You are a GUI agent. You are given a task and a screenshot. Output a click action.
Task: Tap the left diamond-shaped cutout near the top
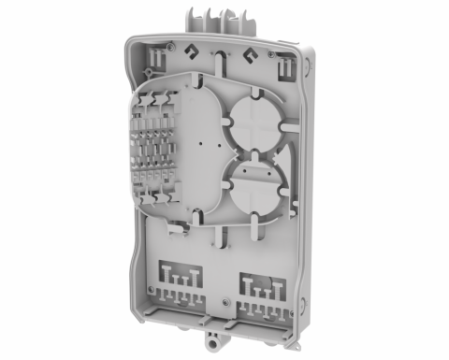pos(193,52)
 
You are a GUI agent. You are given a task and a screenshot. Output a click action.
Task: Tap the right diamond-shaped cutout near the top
pos(250,55)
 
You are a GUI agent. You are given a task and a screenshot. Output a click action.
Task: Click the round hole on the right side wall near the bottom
pos(301,297)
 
